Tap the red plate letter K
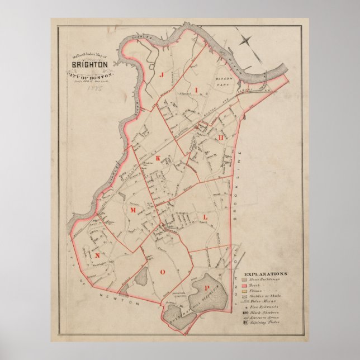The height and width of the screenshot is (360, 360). pyautogui.click(x=158, y=158)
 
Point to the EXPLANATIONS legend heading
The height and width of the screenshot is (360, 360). pyautogui.click(x=266, y=273)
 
